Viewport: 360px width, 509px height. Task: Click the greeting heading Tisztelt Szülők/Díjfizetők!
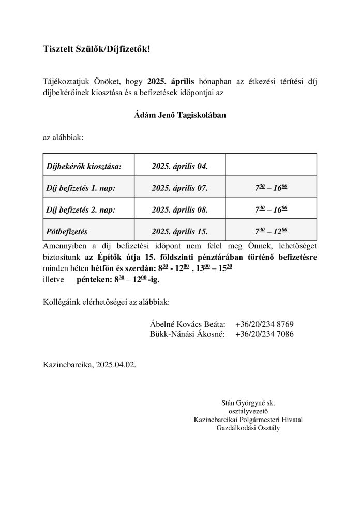[x=99, y=49]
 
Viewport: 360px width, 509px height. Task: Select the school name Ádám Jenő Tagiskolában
[x=179, y=115]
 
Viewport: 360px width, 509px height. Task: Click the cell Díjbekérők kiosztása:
[x=84, y=166]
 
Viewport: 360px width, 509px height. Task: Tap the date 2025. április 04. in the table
[x=179, y=166]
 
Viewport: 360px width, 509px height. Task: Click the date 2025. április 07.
[x=179, y=188]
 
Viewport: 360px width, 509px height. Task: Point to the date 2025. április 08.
[x=179, y=210]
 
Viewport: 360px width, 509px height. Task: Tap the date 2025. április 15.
[x=179, y=232]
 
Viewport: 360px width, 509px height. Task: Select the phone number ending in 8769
[x=264, y=324]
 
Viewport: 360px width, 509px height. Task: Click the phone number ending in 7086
[x=264, y=335]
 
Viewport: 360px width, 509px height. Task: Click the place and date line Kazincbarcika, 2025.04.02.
[x=89, y=365]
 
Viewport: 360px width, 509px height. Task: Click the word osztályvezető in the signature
[x=248, y=411]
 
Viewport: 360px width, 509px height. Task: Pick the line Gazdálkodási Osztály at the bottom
[x=248, y=427]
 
